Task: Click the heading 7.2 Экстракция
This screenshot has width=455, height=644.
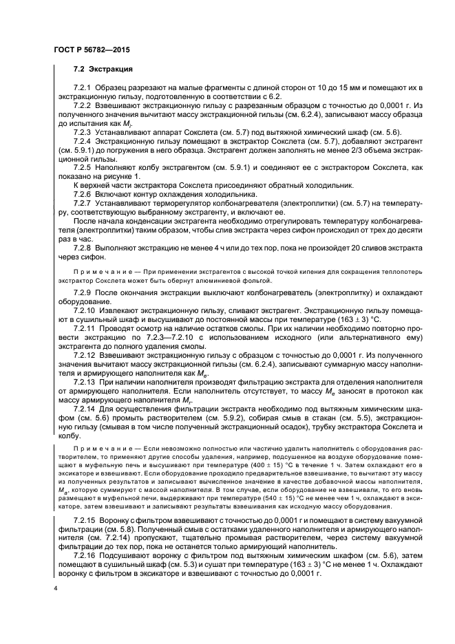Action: click(103, 70)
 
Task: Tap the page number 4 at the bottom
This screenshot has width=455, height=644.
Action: click(55, 589)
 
